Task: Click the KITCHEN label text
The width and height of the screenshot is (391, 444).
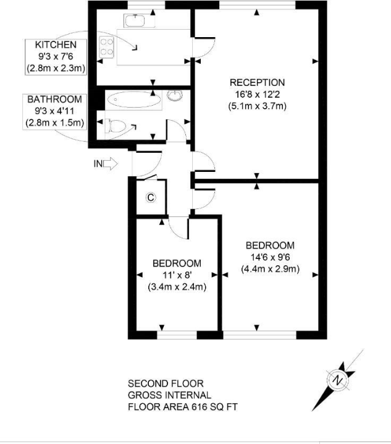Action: (x=56, y=45)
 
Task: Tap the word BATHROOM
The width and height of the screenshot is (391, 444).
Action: (x=54, y=99)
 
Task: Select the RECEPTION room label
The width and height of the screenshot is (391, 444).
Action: (x=257, y=82)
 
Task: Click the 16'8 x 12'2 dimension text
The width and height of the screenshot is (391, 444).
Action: (x=257, y=94)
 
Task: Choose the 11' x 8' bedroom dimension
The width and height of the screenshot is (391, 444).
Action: (x=177, y=275)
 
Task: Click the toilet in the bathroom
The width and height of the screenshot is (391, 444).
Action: (x=115, y=126)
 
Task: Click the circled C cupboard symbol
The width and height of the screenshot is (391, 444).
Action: (x=149, y=198)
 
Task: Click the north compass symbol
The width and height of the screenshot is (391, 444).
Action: (x=338, y=379)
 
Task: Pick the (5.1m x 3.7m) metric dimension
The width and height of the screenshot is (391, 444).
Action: (x=257, y=106)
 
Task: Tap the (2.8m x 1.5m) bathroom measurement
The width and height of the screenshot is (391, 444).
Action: (x=54, y=122)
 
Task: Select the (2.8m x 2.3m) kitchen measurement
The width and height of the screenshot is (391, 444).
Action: (x=56, y=68)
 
